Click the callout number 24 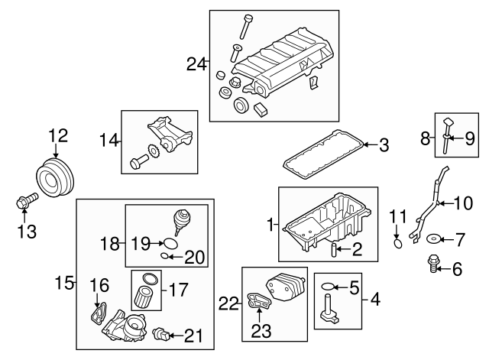click(x=196, y=64)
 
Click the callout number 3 click(x=384, y=144)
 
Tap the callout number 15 click(x=65, y=284)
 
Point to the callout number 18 click(x=110, y=245)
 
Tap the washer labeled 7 click(x=432, y=239)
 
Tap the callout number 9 click(x=471, y=138)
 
